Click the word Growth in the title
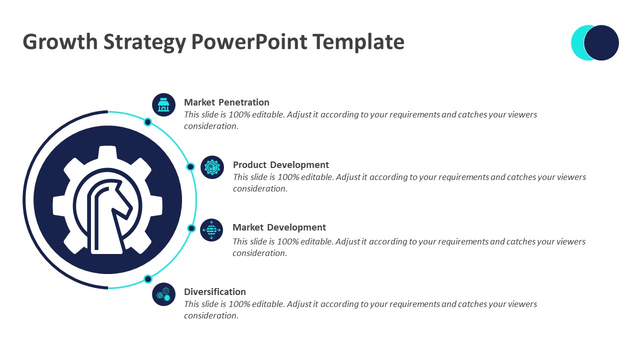[60, 42]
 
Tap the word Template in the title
[358, 42]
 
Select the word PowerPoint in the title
[249, 41]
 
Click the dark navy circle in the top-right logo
[601, 43]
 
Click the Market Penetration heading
[226, 102]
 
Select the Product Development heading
[281, 165]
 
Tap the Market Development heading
[279, 227]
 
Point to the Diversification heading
[215, 291]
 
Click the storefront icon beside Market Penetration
[163, 105]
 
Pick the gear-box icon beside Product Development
[212, 167]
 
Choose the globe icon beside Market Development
[211, 230]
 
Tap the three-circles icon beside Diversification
[163, 294]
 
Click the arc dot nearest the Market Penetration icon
[147, 122]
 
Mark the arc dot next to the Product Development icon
[190, 166]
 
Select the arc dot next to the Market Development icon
[191, 228]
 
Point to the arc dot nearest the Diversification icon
[148, 279]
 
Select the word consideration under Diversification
[211, 315]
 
